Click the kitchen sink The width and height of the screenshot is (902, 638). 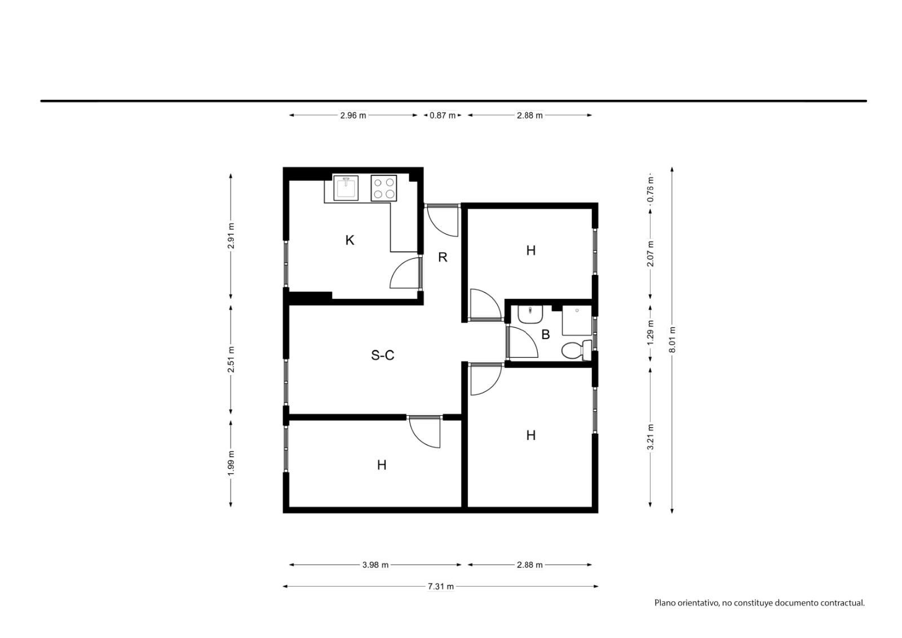[346, 188]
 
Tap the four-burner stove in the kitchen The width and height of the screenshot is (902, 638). [384, 188]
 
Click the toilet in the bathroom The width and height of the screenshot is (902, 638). [576, 350]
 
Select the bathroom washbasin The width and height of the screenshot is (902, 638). [530, 314]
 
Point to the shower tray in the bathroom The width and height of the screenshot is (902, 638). [577, 320]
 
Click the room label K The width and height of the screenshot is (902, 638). [350, 240]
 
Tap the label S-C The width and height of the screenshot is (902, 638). [382, 355]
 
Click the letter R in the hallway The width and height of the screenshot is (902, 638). [443, 257]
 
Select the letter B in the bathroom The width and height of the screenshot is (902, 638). [546, 334]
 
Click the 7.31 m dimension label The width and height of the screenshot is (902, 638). [440, 587]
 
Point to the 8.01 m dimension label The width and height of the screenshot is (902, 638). [672, 340]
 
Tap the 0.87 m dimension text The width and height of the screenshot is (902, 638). [443, 115]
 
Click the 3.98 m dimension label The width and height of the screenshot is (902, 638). [375, 565]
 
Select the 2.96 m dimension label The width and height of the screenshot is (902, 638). [353, 115]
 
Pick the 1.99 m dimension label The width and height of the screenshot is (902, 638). [231, 463]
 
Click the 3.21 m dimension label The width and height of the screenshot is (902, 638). [651, 437]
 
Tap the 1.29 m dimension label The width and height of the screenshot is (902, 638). [651, 332]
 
